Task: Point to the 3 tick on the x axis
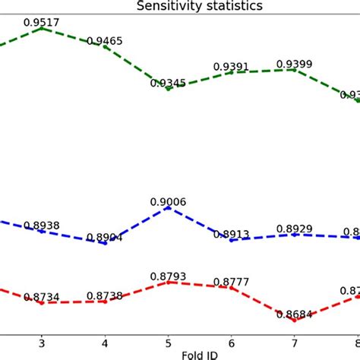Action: (42, 342)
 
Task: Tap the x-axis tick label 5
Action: (169, 342)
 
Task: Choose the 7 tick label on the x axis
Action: (295, 342)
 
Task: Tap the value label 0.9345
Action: (169, 82)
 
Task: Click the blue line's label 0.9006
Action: (168, 201)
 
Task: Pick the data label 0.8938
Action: (42, 225)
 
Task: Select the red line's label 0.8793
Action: (168, 276)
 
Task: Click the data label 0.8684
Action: (295, 314)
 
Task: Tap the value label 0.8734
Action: (43, 296)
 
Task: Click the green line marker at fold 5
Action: (169, 88)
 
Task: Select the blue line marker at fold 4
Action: (105, 243)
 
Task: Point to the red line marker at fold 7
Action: (295, 321)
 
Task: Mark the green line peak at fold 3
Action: (42, 28)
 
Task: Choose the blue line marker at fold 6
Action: (232, 240)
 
